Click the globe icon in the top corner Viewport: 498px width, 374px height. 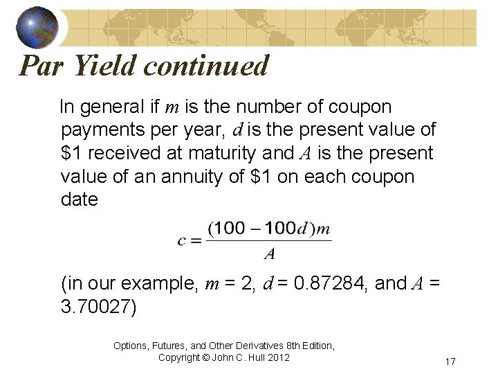click(37, 26)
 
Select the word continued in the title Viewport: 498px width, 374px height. click(207, 66)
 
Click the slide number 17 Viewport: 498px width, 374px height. click(450, 362)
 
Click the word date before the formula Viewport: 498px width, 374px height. click(80, 199)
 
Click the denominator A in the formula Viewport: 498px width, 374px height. click(270, 254)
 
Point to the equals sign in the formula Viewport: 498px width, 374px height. click(196, 241)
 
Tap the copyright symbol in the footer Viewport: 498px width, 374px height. click(202, 357)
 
